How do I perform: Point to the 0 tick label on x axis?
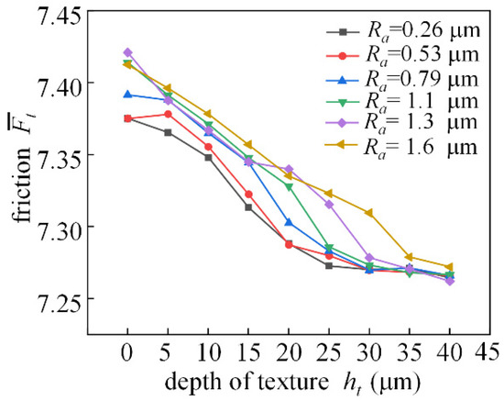[x=127, y=350]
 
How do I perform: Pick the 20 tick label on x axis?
[x=289, y=350]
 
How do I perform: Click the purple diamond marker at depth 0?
[x=127, y=52]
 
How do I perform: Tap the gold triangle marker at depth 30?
[x=369, y=213]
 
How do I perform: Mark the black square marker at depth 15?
[x=248, y=207]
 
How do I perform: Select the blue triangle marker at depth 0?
[x=127, y=94]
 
